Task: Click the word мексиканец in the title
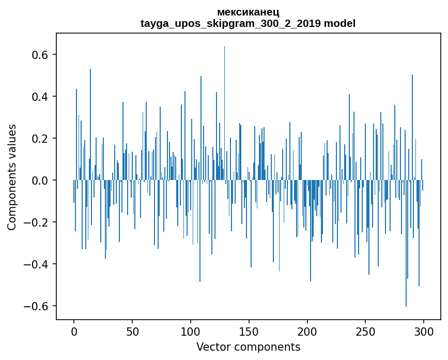point(248,12)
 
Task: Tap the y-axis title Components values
point(12,177)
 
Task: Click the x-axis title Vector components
point(248,347)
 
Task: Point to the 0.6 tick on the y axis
point(40,55)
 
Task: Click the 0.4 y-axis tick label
point(40,97)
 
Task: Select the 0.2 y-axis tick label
point(40,139)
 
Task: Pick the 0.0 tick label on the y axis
point(40,181)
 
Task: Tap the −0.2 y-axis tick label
point(37,222)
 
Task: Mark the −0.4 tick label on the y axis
point(37,264)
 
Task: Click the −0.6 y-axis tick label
point(37,306)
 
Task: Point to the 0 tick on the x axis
point(74,332)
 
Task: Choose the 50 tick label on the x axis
point(132,332)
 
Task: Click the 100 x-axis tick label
point(191,332)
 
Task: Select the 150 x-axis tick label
point(249,332)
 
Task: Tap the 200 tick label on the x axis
point(307,332)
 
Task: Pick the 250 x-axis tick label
point(365,332)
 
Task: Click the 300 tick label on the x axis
point(424,332)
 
